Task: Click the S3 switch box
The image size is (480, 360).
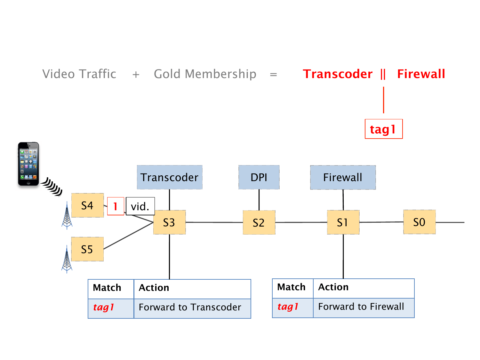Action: click(x=169, y=222)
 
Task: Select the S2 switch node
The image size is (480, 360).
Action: click(x=259, y=222)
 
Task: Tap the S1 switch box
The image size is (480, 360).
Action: click(x=343, y=222)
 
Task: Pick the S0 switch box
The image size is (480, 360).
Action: click(x=419, y=222)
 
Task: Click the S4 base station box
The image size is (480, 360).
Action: click(x=87, y=205)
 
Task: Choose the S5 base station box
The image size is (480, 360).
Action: click(x=87, y=249)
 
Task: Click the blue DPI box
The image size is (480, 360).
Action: click(x=259, y=177)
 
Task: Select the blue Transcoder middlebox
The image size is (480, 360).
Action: click(x=170, y=177)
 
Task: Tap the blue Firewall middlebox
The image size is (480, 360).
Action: click(x=343, y=177)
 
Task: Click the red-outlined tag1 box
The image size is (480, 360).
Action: click(x=383, y=129)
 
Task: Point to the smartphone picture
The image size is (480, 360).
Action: click(x=28, y=164)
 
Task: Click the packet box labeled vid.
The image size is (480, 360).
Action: click(x=140, y=206)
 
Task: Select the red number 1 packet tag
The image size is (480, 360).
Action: click(x=115, y=206)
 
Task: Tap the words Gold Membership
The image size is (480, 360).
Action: click(x=205, y=74)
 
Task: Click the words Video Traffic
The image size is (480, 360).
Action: click(x=79, y=74)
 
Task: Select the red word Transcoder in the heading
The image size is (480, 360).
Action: click(x=338, y=74)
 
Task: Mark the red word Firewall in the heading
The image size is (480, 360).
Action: click(x=421, y=74)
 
